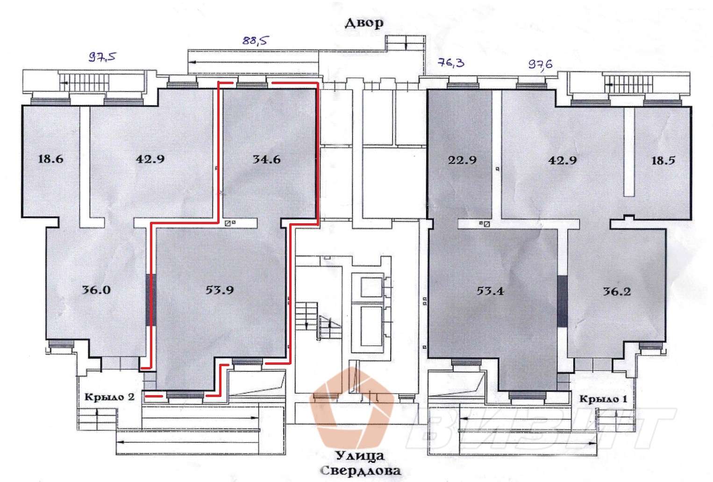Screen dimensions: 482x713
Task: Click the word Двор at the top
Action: coord(364,23)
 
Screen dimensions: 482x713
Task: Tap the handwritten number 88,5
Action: coord(255,40)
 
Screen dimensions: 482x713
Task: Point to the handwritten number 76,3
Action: coord(451,62)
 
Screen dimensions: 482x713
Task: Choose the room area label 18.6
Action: coord(50,159)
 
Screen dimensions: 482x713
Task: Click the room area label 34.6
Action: coord(267,159)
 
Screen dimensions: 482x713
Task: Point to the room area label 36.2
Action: coord(617,291)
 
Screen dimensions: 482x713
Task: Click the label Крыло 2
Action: coord(109,397)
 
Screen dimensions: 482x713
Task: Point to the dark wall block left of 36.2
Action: coord(563,301)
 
